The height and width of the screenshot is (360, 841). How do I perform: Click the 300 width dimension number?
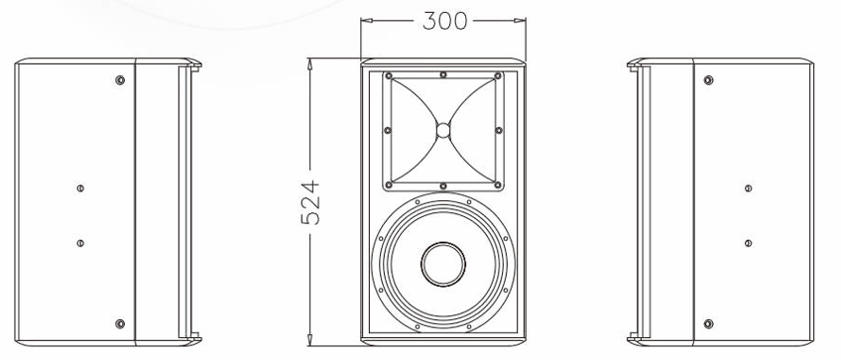click(443, 21)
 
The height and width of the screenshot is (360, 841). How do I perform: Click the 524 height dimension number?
click(310, 201)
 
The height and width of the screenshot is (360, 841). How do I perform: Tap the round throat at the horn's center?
click(443, 129)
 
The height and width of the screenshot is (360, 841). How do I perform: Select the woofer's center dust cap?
click(442, 264)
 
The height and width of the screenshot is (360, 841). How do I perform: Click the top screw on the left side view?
click(120, 79)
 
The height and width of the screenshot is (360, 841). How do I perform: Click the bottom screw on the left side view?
click(120, 323)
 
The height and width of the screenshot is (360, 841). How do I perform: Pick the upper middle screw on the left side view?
click(79, 186)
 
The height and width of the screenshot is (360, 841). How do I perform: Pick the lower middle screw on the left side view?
click(79, 242)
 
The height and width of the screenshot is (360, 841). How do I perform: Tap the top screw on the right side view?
click(708, 79)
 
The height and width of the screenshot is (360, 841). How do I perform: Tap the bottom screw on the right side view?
click(708, 323)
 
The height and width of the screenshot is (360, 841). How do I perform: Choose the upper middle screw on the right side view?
click(748, 186)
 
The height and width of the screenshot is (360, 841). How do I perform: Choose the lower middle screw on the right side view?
click(748, 242)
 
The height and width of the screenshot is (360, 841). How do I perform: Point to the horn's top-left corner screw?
click(390, 76)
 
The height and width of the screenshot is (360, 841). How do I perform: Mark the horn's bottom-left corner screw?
click(390, 183)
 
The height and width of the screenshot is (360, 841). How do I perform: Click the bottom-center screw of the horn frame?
click(443, 184)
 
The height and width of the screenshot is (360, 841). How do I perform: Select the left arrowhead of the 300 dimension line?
click(364, 20)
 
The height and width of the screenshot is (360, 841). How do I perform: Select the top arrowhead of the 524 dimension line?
click(310, 62)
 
